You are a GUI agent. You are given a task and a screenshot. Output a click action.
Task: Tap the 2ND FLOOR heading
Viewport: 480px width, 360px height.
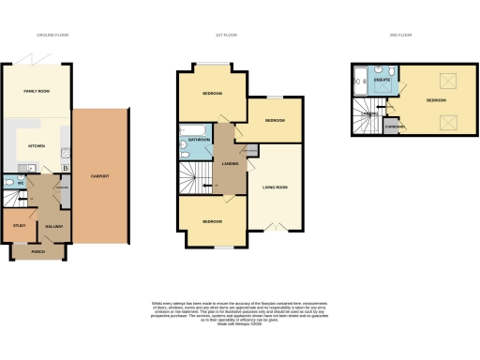[x=401, y=35]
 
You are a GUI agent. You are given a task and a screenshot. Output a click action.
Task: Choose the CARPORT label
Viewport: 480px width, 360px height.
[x=98, y=174]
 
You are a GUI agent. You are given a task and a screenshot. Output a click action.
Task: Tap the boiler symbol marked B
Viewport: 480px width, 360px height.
[x=64, y=169]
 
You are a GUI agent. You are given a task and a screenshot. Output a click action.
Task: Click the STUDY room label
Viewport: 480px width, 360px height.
[x=19, y=226]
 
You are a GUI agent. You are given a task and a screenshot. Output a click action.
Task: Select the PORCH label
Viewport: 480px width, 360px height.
[x=37, y=251]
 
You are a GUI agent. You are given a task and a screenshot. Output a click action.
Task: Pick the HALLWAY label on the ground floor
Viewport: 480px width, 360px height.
[x=52, y=226]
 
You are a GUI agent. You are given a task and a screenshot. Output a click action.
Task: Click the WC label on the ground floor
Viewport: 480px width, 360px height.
[x=7, y=183]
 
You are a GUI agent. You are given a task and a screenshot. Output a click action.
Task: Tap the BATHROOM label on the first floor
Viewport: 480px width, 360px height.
[x=198, y=140]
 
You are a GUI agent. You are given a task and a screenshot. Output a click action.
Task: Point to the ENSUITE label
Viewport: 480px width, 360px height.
[x=382, y=82]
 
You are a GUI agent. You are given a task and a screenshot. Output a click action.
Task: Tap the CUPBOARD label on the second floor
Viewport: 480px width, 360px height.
[x=394, y=127]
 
